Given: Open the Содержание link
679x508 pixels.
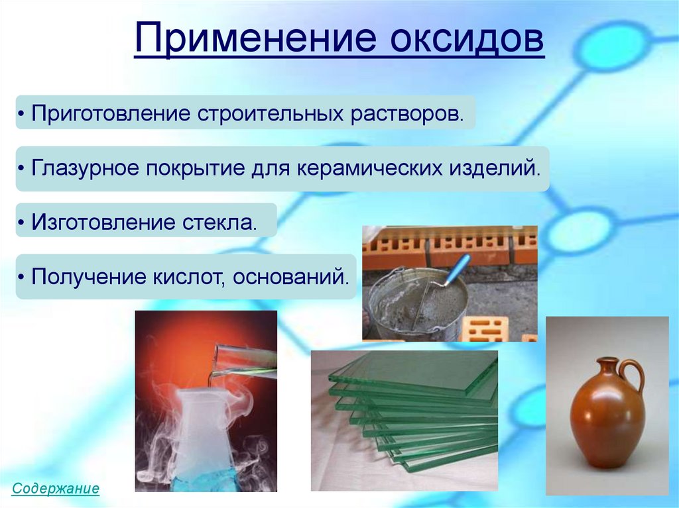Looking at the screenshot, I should click(x=56, y=489).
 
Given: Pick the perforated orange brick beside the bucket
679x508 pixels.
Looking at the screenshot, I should click(x=485, y=328).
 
